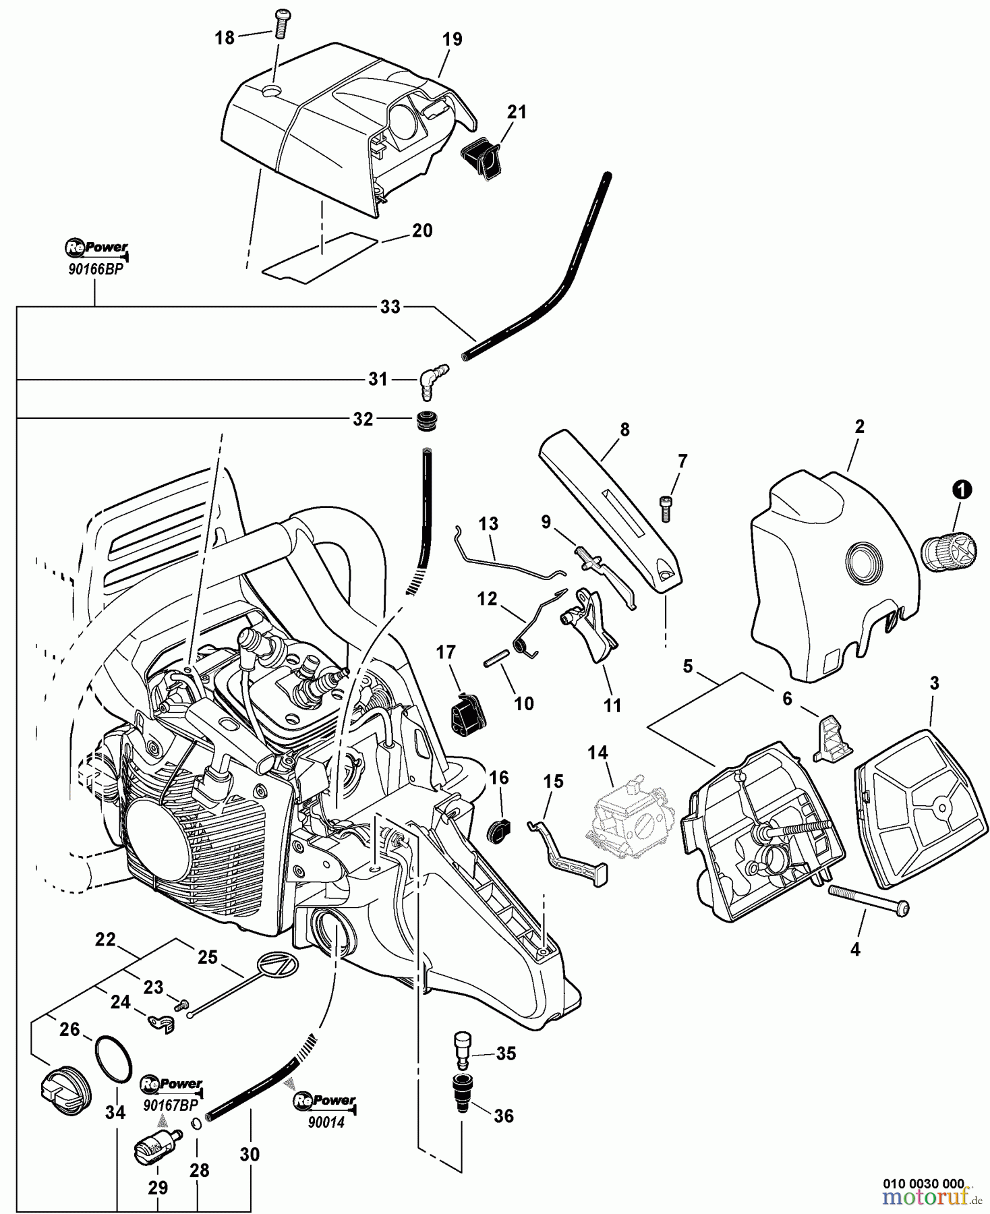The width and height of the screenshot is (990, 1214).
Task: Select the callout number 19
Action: pyautogui.click(x=453, y=39)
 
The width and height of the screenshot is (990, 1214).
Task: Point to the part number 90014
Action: pyautogui.click(x=326, y=1123)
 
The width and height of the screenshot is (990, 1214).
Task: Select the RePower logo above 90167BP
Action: pyautogui.click(x=171, y=1085)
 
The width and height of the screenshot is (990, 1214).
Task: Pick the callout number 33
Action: pyautogui.click(x=390, y=307)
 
